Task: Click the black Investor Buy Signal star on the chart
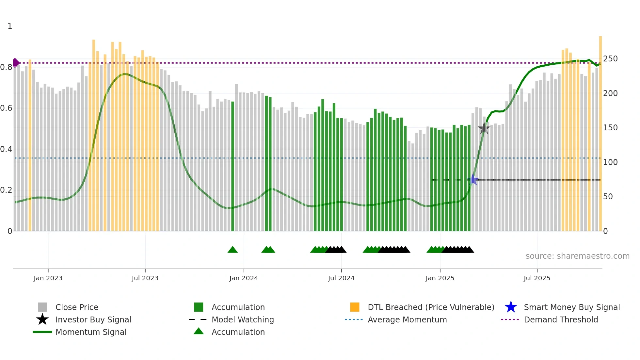484,128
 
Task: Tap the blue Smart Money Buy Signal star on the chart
473,179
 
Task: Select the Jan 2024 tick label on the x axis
244,278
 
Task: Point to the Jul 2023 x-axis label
145,278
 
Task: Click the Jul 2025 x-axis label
537,278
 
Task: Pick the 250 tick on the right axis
610,59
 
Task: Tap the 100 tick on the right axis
610,162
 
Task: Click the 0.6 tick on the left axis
6,108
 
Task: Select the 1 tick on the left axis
10,26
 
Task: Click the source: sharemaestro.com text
577,256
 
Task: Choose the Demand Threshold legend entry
561,319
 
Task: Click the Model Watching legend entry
242,319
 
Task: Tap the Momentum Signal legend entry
90,332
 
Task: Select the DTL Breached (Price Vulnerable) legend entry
431,307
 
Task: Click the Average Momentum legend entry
407,319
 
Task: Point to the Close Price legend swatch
42,307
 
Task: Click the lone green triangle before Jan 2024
232,250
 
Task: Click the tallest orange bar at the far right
600,131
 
